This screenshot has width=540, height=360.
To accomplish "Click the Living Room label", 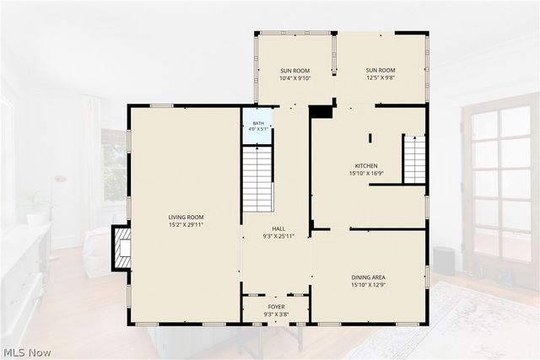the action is [x=186, y=218].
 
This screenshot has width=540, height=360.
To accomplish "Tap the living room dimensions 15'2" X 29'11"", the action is [x=186, y=225].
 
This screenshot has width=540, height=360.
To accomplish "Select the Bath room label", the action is [x=258, y=123].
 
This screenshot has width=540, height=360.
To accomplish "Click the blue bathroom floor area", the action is [x=257, y=126].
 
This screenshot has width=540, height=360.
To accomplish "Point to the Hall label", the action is [x=278, y=228].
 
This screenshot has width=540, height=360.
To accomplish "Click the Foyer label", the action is [x=276, y=307].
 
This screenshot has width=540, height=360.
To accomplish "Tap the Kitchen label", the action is [x=366, y=166].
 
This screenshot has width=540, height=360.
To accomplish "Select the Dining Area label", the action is [x=368, y=277].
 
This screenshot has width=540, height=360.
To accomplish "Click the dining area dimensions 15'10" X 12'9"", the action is [x=368, y=285].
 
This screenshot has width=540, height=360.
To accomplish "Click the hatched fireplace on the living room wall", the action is [x=121, y=248].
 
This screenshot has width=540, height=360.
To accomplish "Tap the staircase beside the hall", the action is [x=258, y=179].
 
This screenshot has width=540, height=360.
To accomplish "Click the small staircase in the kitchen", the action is [x=414, y=159].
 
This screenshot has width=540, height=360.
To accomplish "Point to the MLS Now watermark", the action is [x=28, y=352].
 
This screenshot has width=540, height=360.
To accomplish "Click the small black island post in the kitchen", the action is [x=370, y=138].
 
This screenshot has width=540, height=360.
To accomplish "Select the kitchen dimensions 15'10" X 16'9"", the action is [x=366, y=174].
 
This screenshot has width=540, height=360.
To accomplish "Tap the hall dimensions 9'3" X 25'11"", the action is [x=278, y=236].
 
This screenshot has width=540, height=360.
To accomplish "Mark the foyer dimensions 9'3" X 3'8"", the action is [x=276, y=314].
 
